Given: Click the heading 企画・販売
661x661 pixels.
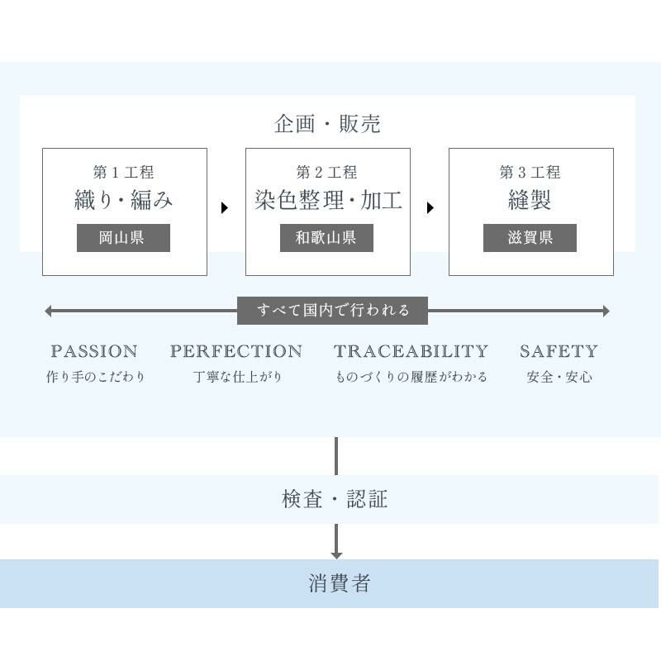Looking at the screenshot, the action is coord(327,124).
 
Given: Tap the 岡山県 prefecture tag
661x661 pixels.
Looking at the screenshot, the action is coord(123,238).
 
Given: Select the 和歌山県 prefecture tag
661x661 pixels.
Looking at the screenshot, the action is coord(326,238).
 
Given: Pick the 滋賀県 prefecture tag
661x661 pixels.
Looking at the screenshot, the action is coord(530,238).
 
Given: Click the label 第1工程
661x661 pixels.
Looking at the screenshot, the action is coord(123,172).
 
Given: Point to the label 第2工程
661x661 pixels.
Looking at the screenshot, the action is coord(326,172).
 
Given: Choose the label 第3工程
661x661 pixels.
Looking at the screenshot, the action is coord(530,172).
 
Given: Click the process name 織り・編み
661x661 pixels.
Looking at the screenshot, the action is coord(123,200).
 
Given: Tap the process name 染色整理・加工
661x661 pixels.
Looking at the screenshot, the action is coord(328,200).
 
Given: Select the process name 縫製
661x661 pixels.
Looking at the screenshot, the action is coord(530,200).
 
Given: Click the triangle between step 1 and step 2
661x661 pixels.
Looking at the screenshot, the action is coord(225,208).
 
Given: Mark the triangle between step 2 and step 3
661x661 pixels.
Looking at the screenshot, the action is coord(430,208).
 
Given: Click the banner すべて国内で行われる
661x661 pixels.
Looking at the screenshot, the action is coord(333,311).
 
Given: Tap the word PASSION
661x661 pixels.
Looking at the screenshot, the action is coord(94,351).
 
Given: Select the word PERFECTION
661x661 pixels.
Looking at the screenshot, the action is coord(236,351).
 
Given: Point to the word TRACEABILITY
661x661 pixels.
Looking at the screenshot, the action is coord(411,351).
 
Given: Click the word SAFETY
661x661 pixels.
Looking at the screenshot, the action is coord(559,351).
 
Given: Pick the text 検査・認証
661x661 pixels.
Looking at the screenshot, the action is coord(335,499).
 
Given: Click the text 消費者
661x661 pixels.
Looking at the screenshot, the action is coord(340,583).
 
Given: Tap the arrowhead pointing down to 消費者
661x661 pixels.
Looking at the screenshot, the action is coord(336,556).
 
